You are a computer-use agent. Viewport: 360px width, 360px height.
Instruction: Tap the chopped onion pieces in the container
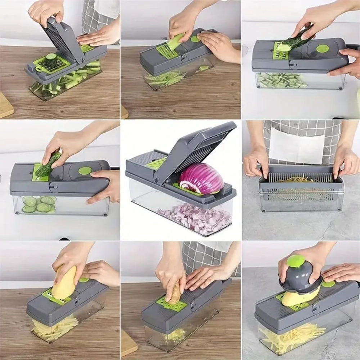tap(196, 218)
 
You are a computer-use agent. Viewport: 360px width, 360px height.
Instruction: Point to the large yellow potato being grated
tap(65, 283)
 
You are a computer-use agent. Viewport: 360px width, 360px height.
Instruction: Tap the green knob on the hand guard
tap(296, 261)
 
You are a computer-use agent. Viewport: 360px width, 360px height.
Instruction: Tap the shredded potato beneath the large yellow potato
tap(54, 328)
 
